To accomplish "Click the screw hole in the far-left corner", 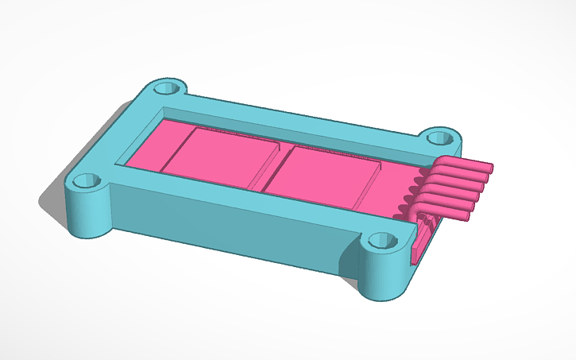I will (167, 87).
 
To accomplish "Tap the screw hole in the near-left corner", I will (87, 182).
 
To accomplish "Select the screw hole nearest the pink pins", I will (438, 137).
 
